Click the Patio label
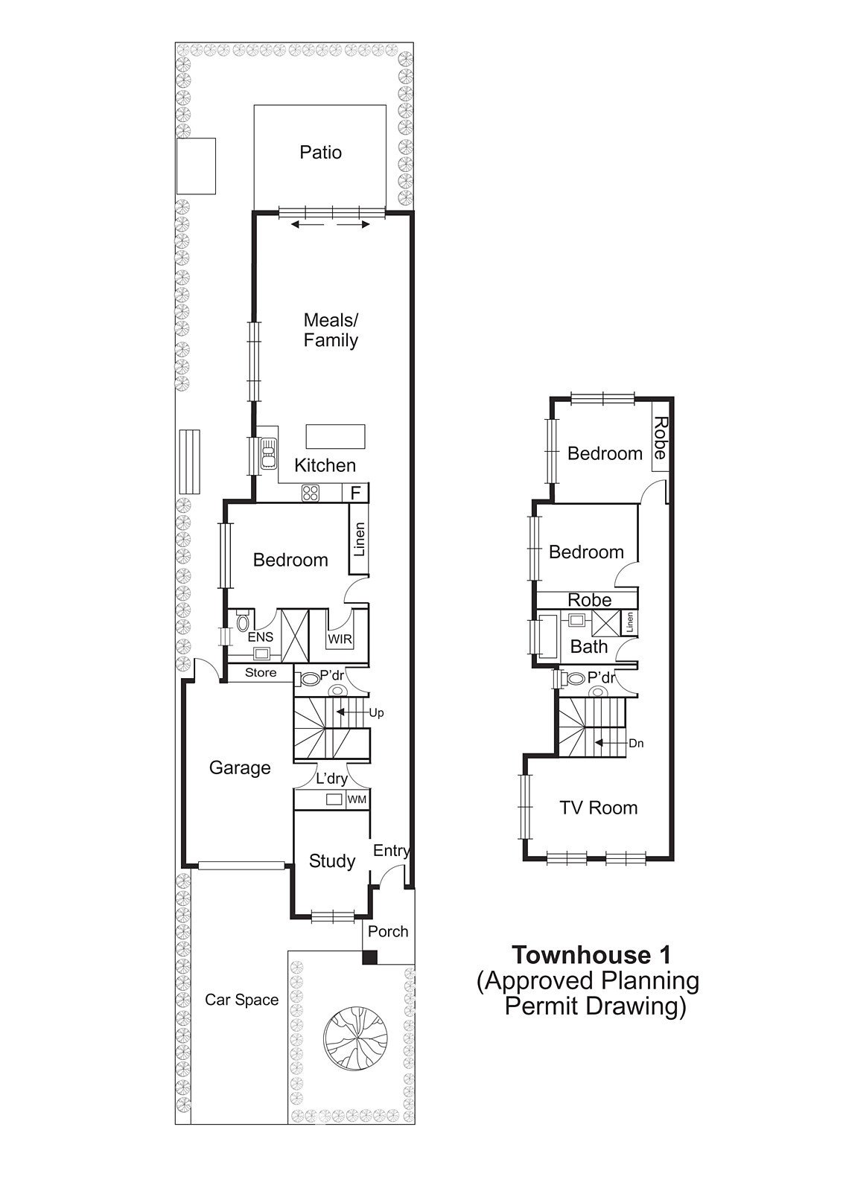point(320,153)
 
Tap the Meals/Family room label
point(331,331)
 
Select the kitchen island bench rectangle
point(335,436)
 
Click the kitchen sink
point(268,453)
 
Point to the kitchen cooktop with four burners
point(310,493)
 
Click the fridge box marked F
point(355,493)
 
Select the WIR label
point(340,639)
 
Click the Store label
point(261,673)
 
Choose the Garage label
point(240,767)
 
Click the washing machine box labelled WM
point(357,799)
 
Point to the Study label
point(332,860)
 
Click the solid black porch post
point(369,957)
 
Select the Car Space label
point(242,1000)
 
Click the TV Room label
point(598,808)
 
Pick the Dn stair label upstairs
point(636,744)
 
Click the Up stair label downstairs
point(376,713)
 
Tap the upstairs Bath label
point(589,647)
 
